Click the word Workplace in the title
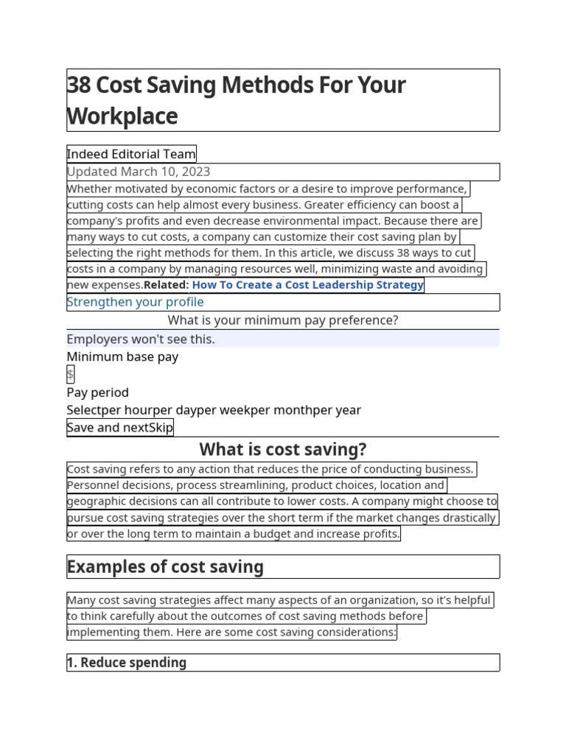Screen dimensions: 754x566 point(122,116)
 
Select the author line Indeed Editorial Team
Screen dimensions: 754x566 point(131,154)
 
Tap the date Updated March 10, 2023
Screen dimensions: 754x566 point(139,172)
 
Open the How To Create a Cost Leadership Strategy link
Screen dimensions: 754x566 point(307,285)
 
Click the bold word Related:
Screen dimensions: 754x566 point(167,285)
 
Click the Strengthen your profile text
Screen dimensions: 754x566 point(135,302)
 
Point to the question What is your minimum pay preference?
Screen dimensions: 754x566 point(283,320)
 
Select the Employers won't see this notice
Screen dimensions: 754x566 point(141,339)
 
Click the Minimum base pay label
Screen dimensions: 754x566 point(122,356)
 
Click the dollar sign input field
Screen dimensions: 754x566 point(71,374)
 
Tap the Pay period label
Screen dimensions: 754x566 point(97,392)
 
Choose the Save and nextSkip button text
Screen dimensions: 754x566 point(120,428)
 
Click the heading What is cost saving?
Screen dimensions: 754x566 point(283,449)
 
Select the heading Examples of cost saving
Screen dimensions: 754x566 point(165,567)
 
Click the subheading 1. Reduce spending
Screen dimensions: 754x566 point(126,663)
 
